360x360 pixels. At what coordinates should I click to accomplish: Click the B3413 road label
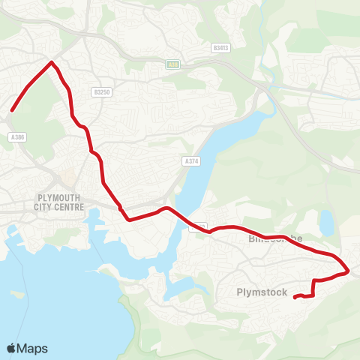220,47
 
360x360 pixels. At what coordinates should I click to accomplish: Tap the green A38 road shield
173,65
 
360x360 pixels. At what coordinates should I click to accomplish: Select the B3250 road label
102,92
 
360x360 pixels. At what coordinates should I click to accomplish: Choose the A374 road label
191,160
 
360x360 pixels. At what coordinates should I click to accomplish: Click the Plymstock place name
262,292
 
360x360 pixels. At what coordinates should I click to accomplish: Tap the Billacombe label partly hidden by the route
276,238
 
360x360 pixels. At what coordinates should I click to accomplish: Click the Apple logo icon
12,348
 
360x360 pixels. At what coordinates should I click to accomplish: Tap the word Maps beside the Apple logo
32,348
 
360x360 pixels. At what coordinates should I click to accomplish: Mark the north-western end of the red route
12,112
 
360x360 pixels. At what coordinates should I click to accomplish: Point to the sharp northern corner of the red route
51,62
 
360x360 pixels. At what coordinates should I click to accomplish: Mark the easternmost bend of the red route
349,269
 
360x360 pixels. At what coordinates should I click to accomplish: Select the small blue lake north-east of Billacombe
325,222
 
